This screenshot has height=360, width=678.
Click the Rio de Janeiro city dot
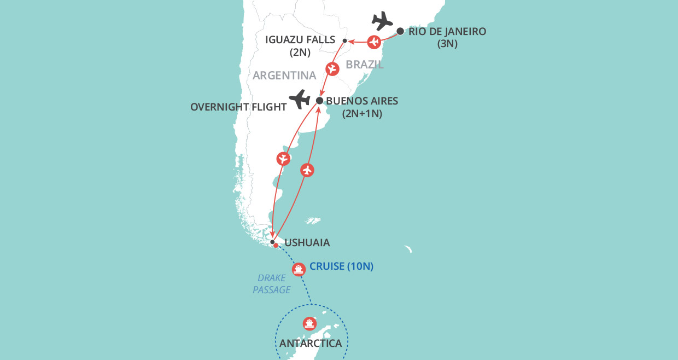[x=400, y=31]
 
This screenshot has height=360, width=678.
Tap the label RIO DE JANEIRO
[x=447, y=32]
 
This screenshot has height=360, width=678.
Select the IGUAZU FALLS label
[x=300, y=40]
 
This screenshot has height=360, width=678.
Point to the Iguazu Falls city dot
[x=344, y=41]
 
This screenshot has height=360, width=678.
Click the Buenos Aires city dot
[x=320, y=101]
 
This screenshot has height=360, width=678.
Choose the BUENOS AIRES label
[x=362, y=101]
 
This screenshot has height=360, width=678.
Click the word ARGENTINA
[x=284, y=76]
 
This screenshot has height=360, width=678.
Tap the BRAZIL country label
[x=365, y=65]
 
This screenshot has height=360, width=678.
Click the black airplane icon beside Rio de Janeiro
[x=382, y=21]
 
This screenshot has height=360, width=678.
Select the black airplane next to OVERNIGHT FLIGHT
[x=300, y=100]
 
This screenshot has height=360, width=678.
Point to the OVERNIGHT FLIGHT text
[x=238, y=107]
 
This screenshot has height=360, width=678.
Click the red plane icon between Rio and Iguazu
[x=374, y=42]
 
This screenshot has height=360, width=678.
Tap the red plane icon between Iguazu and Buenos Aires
[x=332, y=69]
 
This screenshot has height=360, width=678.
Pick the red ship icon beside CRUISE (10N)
[x=298, y=269]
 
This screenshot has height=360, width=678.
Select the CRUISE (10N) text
[x=341, y=267]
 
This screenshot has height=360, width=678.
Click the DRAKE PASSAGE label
[x=272, y=284]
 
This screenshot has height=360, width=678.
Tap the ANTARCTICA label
[x=311, y=344]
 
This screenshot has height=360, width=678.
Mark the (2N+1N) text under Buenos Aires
[x=361, y=114]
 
